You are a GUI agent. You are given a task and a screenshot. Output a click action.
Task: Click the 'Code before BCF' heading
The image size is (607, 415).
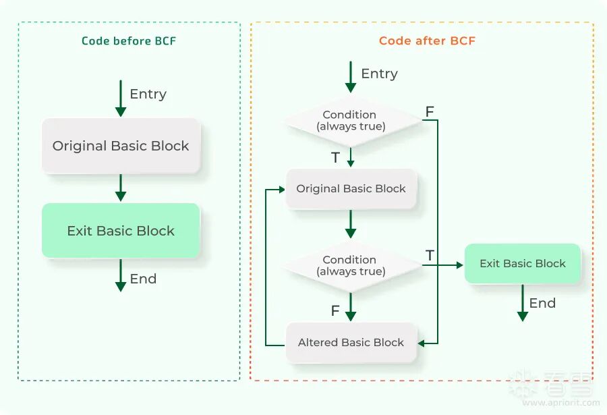pyautogui.click(x=128, y=40)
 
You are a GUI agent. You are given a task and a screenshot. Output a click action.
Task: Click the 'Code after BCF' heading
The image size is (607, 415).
pyautogui.click(x=427, y=40)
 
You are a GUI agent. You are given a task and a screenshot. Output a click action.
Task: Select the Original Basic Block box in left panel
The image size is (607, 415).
pyautogui.click(x=121, y=146)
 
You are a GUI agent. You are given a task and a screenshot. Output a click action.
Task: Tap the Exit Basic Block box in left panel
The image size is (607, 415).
pyautogui.click(x=121, y=231)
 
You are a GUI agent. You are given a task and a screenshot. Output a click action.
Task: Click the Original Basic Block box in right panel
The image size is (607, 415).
pyautogui.click(x=351, y=189)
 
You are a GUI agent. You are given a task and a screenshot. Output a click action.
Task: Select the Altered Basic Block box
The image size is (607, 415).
pyautogui.click(x=351, y=343)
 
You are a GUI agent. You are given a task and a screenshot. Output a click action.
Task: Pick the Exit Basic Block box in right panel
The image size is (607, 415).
pyautogui.click(x=522, y=264)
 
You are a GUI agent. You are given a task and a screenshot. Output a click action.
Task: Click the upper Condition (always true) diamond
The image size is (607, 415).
pyautogui.click(x=350, y=120)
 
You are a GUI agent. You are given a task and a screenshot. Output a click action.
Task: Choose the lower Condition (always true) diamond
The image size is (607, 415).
pyautogui.click(x=350, y=265)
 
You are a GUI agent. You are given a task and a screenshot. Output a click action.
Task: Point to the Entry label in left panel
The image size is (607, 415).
pyautogui.click(x=148, y=94)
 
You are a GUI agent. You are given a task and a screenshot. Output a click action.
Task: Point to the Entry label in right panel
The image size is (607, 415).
pyautogui.click(x=379, y=74)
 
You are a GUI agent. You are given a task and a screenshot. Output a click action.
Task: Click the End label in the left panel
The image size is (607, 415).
pyautogui.click(x=143, y=279)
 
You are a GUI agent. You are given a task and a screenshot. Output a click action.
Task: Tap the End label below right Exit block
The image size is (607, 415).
pyautogui.click(x=542, y=304)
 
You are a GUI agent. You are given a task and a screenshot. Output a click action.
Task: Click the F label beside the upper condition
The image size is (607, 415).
pyautogui.click(x=429, y=111)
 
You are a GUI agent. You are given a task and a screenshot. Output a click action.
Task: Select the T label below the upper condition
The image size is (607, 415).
pyautogui.click(x=335, y=158)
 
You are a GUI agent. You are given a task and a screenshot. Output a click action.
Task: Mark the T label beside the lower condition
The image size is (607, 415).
pyautogui.click(x=430, y=256)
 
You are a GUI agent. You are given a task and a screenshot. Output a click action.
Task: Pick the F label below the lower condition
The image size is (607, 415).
pyautogui.click(x=335, y=311)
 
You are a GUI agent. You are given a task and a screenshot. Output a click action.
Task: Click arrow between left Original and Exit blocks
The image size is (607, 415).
pyautogui.click(x=121, y=188)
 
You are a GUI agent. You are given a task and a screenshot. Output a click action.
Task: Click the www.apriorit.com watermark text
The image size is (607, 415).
pyautogui.click(x=560, y=403)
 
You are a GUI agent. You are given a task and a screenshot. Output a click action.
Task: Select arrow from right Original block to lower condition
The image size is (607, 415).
pyautogui.click(x=351, y=224)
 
